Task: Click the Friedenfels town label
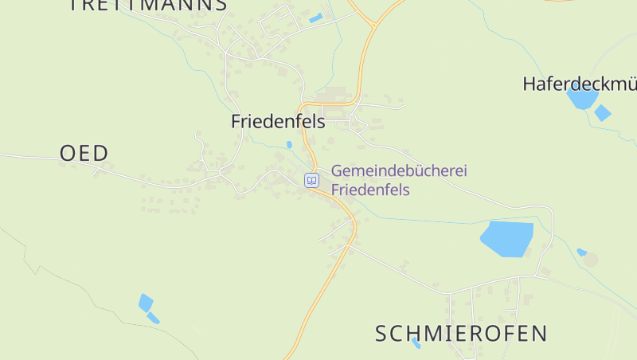(x=278, y=122)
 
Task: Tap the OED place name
(x=84, y=153)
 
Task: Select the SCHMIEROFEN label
(x=461, y=333)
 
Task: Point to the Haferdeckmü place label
(x=579, y=84)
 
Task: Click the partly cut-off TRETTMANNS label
(x=148, y=5)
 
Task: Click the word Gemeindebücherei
(x=398, y=170)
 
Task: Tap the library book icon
(x=311, y=180)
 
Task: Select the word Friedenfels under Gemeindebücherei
(x=370, y=190)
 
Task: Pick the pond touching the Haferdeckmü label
(x=582, y=99)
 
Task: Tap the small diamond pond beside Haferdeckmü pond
(x=603, y=112)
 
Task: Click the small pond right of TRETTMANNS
(x=316, y=18)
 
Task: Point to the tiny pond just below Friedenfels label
(x=289, y=145)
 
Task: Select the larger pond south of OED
(x=145, y=303)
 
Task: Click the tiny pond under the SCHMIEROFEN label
(x=416, y=343)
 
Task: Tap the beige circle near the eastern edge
(x=590, y=260)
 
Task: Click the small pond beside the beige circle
(x=581, y=252)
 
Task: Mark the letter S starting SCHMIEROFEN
(x=383, y=333)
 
